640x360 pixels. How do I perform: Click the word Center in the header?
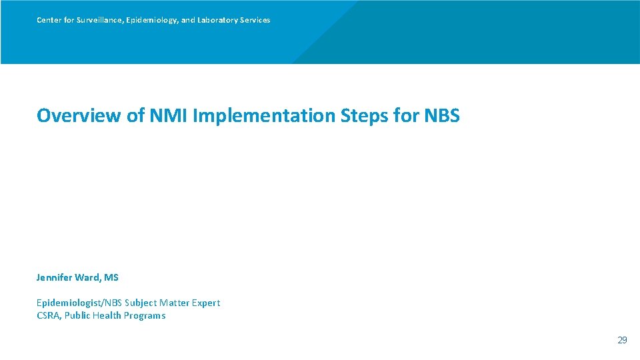[x=49, y=20]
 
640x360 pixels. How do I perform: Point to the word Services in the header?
[x=255, y=20]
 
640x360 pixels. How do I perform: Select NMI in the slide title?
[x=169, y=115]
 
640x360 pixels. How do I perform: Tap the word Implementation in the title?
[x=264, y=115]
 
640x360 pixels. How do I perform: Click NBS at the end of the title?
[x=441, y=115]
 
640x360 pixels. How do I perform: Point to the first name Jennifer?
[x=55, y=277]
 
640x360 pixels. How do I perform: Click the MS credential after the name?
[x=111, y=277]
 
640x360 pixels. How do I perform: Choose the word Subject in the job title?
[x=145, y=303]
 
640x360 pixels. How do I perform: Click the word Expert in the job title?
[x=205, y=303]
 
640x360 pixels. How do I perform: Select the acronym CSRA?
[x=48, y=315]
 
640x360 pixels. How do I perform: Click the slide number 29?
[x=622, y=340]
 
